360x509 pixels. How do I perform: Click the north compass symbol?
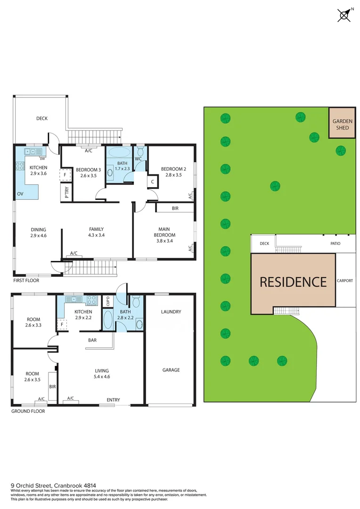tap(344, 15)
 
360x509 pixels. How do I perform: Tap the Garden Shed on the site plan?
tap(342, 124)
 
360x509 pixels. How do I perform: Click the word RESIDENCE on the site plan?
tap(293, 282)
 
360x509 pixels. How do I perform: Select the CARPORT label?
tap(345, 281)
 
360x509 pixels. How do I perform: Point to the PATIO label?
tap(335, 244)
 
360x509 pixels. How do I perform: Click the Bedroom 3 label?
tap(89, 170)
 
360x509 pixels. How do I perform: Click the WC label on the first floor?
tap(139, 159)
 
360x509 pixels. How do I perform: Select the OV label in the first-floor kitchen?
tap(20, 194)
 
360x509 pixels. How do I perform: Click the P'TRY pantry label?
tap(66, 193)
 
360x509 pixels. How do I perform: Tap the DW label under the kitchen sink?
tap(42, 158)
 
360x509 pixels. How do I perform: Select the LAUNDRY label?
tap(171, 312)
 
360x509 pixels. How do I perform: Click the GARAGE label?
tap(171, 370)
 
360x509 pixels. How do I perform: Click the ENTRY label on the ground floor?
tap(113, 400)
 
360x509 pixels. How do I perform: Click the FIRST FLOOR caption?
tap(26, 280)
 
